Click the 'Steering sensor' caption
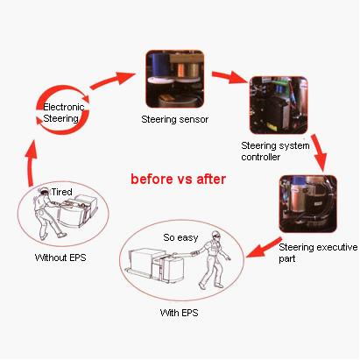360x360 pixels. click(x=174, y=119)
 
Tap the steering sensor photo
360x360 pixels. click(x=174, y=79)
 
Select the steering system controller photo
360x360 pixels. click(x=279, y=105)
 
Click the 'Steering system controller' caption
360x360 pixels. click(x=275, y=151)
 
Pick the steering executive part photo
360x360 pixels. click(x=307, y=203)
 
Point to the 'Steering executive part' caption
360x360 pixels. click(x=318, y=253)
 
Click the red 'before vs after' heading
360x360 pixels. click(x=178, y=179)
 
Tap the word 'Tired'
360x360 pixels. click(x=61, y=192)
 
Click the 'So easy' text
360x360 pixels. click(x=180, y=237)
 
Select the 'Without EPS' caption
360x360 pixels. click(x=60, y=258)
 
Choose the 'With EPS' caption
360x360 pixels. click(x=179, y=313)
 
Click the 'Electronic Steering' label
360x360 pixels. click(x=63, y=113)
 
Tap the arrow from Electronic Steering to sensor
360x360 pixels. click(x=112, y=80)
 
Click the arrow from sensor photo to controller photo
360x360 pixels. click(x=229, y=77)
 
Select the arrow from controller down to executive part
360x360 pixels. click(x=320, y=152)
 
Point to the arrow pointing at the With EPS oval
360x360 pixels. click(x=264, y=248)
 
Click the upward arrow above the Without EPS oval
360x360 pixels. click(x=31, y=163)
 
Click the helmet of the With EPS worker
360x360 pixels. click(x=215, y=233)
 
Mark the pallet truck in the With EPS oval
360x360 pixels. click(x=157, y=265)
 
